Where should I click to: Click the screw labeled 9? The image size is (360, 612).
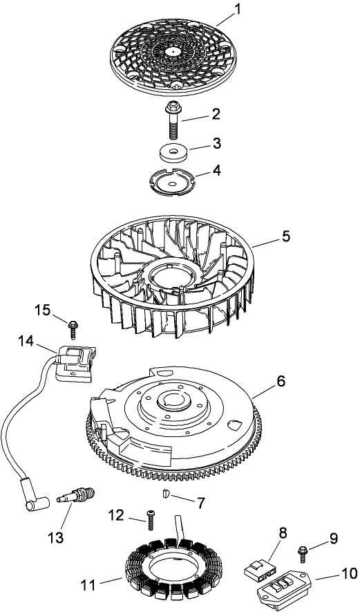(303, 551)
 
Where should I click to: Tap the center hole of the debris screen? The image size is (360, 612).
(171, 50)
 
